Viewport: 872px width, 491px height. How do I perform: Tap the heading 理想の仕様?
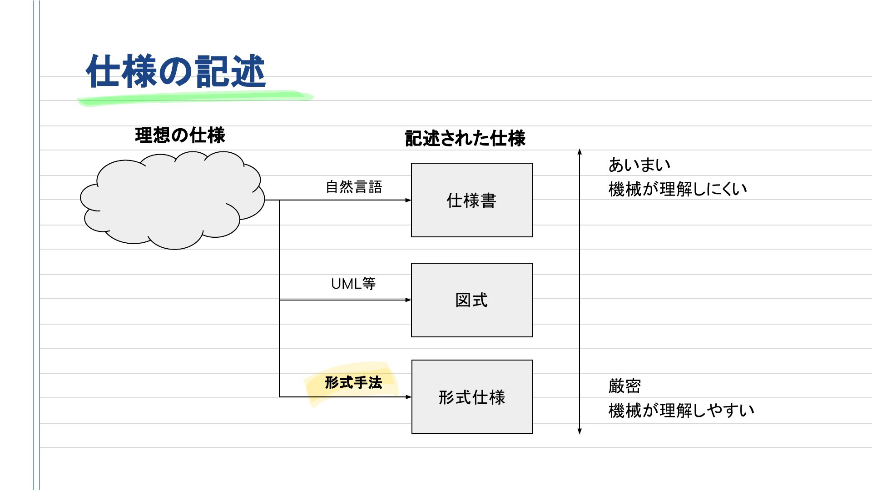coord(180,135)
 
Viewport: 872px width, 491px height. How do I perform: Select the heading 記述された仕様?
coord(465,138)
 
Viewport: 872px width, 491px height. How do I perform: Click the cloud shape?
coord(172,200)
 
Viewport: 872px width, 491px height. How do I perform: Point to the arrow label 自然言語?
coord(354,187)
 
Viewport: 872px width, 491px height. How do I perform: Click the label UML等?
coord(353,284)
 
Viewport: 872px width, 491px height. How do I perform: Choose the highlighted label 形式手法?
coord(353,383)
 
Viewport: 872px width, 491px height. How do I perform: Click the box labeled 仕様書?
coord(472,200)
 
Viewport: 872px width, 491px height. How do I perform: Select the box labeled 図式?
coord(472,300)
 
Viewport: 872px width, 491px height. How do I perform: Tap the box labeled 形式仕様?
coord(472,397)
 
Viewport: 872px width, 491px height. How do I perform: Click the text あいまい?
coord(639,165)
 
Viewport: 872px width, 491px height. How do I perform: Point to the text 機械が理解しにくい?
coord(678,189)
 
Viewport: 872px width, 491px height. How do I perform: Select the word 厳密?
coord(624,386)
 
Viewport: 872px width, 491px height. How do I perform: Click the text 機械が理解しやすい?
coord(681,411)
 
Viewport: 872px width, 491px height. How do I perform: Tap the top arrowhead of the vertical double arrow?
coord(580,151)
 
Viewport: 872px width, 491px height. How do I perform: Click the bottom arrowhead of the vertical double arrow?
coord(580,431)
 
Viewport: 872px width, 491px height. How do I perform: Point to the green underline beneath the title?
coord(195,98)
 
